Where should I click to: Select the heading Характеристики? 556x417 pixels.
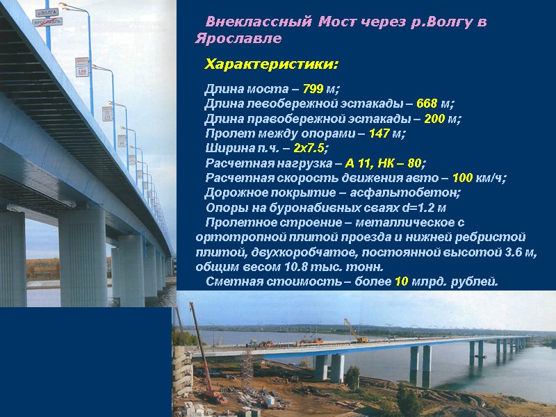(x=271, y=65)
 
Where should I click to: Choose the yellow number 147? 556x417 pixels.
(x=379, y=133)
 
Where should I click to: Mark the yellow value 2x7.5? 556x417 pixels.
(x=309, y=148)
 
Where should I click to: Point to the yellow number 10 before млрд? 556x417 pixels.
(x=401, y=281)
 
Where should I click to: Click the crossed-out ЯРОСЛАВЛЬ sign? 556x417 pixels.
(x=47, y=22)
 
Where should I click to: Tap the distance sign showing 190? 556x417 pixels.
(x=81, y=67)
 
